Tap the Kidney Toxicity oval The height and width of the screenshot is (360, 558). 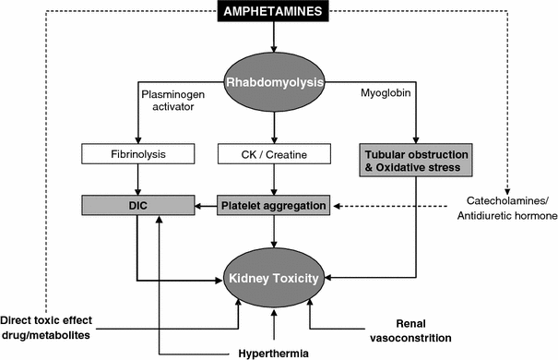[x=274, y=276]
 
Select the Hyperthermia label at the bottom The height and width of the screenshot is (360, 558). [x=274, y=352]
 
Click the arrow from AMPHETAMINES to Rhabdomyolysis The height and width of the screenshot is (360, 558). [x=274, y=38]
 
